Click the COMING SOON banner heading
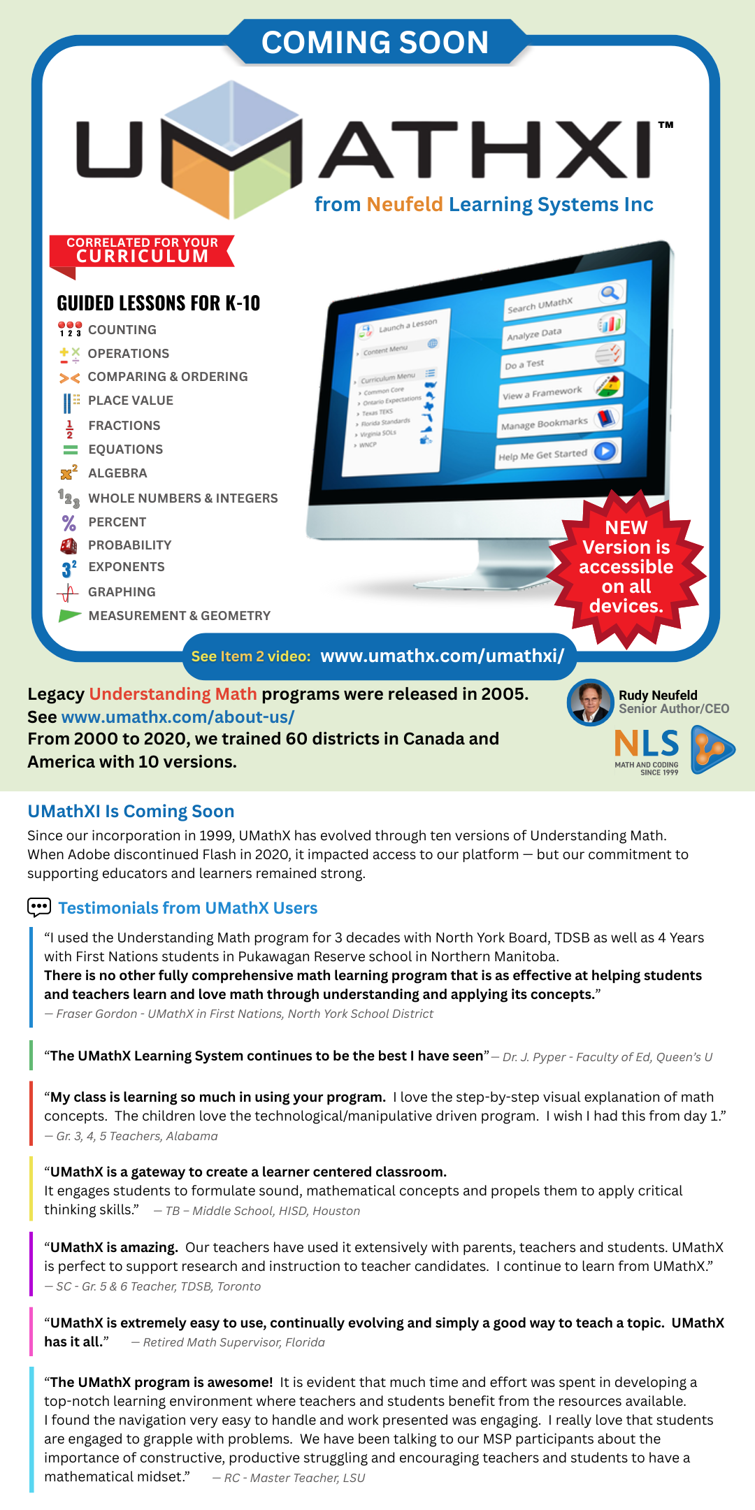point(375,42)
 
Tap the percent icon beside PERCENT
point(69,523)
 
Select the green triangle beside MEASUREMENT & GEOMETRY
point(69,616)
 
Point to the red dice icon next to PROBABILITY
point(69,545)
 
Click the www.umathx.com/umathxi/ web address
point(442,656)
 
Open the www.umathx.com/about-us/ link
point(178,717)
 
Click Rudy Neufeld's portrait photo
point(590,702)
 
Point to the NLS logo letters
point(647,744)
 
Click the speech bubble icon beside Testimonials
point(39,907)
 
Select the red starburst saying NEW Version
point(626,568)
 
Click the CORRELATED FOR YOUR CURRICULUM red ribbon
point(142,251)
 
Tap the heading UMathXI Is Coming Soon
point(131,811)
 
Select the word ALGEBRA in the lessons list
point(117,473)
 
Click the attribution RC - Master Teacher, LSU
point(294,1478)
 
